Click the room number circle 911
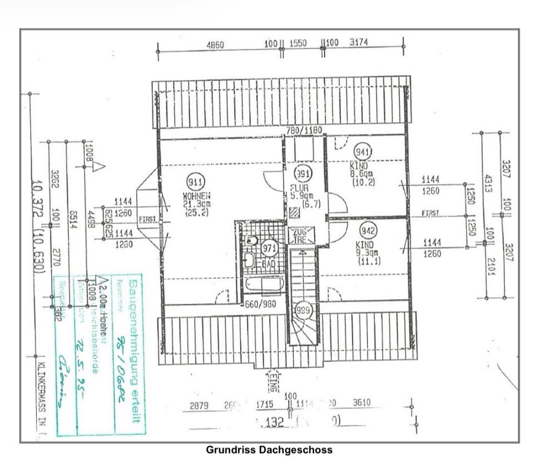[195, 182]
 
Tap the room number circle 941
[363, 152]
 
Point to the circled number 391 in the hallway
[302, 173]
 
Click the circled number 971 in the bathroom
[270, 249]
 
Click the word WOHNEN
[196, 197]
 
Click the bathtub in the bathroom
[265, 285]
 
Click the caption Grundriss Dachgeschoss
[269, 450]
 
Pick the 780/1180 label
[304, 130]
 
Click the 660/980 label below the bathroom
[260, 304]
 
